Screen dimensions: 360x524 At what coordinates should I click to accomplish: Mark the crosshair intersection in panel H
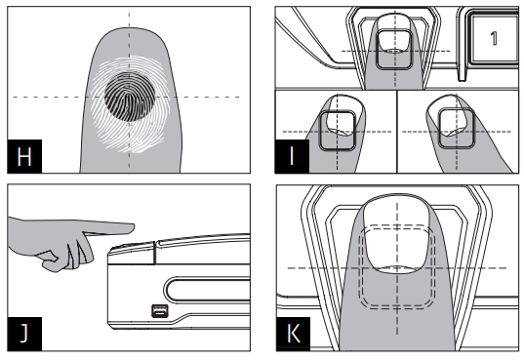point(129,97)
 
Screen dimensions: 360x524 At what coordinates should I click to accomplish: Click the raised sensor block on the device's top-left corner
point(132,253)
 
